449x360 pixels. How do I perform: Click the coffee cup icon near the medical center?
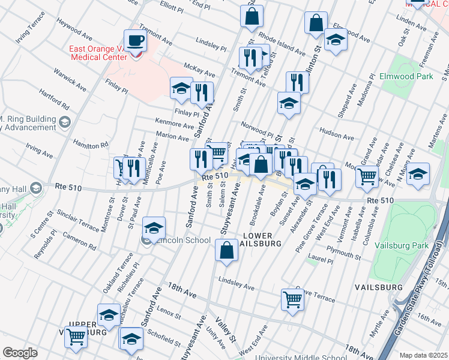(x=136, y=41)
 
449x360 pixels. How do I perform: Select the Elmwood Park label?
(x=406, y=77)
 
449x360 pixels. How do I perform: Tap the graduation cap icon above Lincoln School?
(x=154, y=228)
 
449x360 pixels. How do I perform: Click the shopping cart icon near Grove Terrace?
(x=292, y=299)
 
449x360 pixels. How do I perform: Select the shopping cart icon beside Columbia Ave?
(x=367, y=176)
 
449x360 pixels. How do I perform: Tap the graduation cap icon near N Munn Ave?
(x=418, y=174)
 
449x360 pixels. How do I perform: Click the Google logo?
(x=20, y=352)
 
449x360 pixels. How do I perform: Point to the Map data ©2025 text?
(x=423, y=355)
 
